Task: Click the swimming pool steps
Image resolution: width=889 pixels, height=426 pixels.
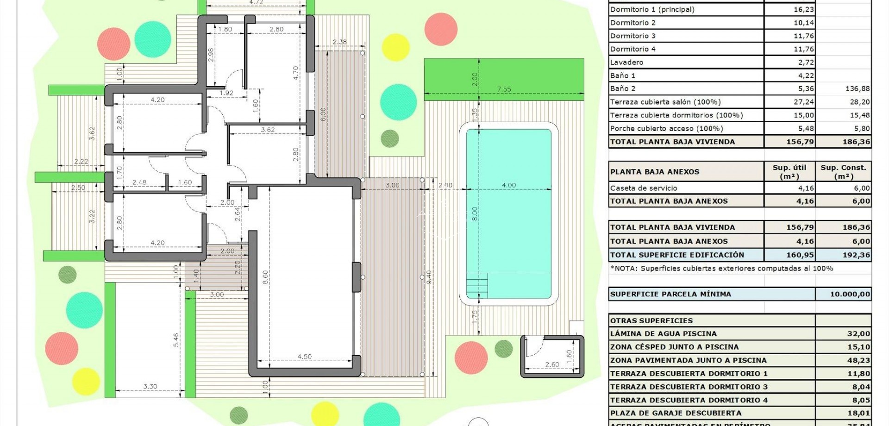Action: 477,285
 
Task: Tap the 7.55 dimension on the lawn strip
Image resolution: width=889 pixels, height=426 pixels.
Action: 504,89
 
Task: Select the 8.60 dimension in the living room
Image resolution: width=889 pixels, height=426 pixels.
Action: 265,277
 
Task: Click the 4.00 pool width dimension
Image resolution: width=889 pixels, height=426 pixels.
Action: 508,185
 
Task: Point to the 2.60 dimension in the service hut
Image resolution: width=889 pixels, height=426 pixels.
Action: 552,365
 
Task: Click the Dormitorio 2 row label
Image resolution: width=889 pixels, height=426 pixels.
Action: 633,23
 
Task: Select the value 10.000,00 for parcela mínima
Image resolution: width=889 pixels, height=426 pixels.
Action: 850,294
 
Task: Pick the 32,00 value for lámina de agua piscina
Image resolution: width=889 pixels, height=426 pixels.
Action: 858,334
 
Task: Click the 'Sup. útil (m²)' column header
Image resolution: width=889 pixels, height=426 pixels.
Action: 789,172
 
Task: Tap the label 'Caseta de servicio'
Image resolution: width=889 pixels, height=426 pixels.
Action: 644,188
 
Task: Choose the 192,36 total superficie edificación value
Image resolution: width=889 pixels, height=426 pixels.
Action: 856,255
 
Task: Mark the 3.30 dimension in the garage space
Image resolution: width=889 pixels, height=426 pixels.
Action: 150,386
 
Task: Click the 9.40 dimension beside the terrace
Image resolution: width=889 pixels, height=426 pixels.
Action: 429,277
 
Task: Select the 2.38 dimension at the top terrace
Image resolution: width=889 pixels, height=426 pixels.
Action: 339,42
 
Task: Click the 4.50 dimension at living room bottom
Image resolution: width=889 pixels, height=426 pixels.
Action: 304,357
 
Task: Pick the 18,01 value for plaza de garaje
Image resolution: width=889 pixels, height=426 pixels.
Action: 858,413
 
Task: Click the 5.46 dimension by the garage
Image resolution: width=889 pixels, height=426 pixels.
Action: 176,340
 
